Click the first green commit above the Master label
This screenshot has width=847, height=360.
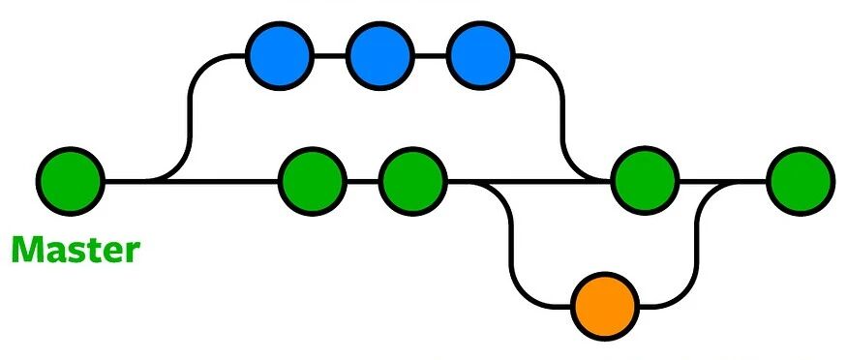coord(71,181)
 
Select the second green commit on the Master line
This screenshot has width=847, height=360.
coord(313,181)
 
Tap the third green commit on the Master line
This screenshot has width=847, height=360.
coord(412,181)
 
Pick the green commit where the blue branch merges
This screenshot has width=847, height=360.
coord(645,181)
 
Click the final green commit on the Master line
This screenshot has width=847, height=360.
coord(802,181)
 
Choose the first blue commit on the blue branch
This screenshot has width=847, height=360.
coord(280,55)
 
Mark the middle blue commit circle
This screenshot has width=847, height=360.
coord(379,55)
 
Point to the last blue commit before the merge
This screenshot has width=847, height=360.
coord(480,55)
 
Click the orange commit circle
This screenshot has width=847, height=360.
coord(606,307)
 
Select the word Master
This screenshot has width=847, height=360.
coord(76,250)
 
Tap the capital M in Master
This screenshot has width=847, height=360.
coord(26,250)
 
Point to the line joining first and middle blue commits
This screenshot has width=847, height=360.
coord(330,55)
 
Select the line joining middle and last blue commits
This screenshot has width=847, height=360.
coord(430,55)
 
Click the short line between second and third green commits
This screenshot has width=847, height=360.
coord(363,181)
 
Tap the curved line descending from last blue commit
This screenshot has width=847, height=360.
coord(562,119)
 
